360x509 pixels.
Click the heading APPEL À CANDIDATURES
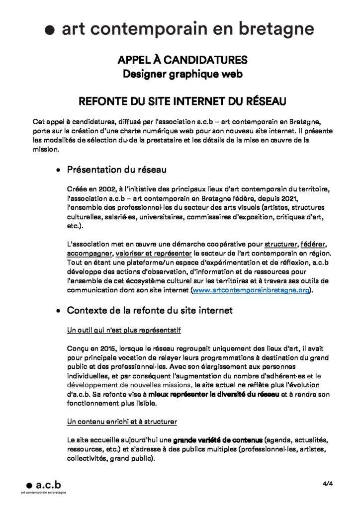tap(182, 61)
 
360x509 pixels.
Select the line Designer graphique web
tap(182, 75)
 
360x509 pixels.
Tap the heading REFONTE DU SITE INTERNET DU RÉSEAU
tap(182, 102)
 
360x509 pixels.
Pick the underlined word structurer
tap(280, 245)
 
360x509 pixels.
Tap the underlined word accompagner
tap(89, 253)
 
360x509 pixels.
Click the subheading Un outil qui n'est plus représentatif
tap(124, 330)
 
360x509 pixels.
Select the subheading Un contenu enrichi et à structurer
tap(122, 422)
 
